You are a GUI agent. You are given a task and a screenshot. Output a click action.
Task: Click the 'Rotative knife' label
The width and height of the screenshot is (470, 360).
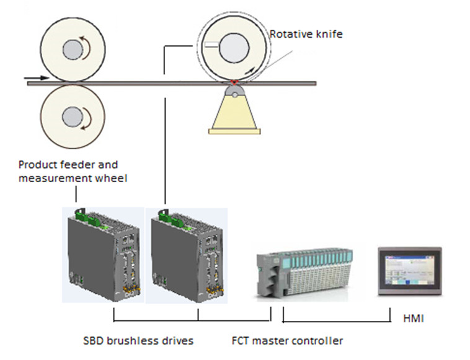306,35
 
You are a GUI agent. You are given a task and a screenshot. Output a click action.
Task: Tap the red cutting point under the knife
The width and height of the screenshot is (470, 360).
234,82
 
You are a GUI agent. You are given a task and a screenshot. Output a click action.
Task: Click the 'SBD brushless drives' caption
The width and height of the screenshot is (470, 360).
138,340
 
